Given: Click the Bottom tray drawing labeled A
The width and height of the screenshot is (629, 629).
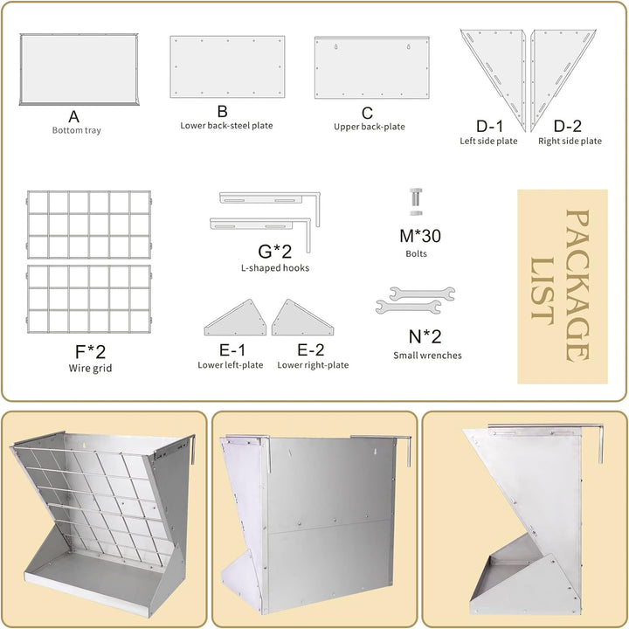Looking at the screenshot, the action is (79, 69).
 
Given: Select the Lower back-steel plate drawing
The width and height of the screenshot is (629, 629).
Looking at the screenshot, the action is (227, 66).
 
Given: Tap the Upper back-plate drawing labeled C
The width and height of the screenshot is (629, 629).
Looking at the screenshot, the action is (372, 67).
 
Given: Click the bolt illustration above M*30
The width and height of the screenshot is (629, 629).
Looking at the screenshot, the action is (416, 202).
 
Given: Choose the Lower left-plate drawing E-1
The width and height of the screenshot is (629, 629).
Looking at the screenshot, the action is (236, 317).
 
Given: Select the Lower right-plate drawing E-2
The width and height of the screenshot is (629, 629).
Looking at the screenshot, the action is (302, 317).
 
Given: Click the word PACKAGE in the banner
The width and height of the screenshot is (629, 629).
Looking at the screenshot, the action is (577, 286).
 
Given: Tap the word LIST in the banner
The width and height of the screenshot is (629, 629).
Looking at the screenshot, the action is (543, 291).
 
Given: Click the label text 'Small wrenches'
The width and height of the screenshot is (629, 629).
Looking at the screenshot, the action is (427, 356).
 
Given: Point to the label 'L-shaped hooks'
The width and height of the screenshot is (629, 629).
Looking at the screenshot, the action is (275, 268).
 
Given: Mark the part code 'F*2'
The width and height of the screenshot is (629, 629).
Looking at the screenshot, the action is (90, 352).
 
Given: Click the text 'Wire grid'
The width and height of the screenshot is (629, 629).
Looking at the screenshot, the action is (90, 369).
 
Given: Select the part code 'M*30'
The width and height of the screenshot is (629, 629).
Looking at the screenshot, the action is (420, 236).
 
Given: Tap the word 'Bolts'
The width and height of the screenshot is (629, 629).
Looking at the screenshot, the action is (417, 253).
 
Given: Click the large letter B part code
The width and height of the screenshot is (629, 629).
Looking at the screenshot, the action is (222, 111).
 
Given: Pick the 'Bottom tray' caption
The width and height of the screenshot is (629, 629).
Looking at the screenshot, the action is (77, 130).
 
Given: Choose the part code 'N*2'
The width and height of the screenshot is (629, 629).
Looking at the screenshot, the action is (425, 336).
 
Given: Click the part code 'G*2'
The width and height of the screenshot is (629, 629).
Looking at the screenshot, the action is (275, 252).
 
